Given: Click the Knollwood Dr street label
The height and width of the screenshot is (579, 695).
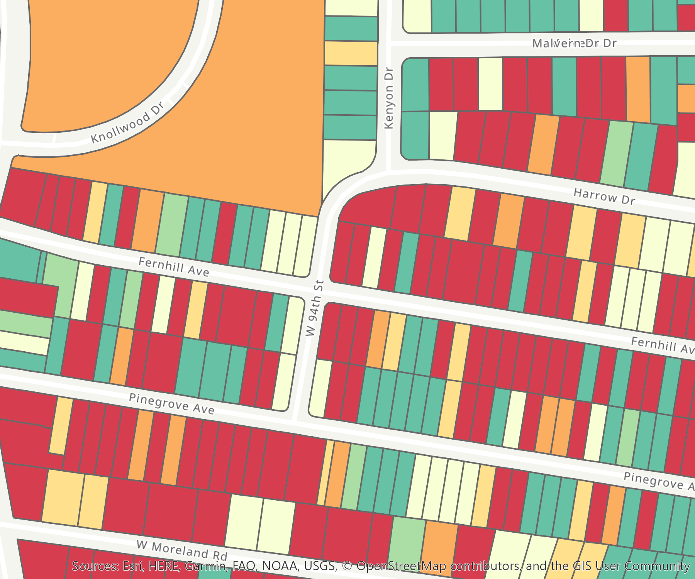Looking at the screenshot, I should click(x=128, y=122).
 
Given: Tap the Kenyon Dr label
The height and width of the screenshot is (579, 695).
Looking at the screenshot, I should click(x=389, y=98).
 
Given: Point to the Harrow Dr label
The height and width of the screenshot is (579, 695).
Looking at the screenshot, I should click(x=604, y=196).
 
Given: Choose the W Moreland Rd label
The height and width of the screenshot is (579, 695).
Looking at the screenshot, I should click(x=182, y=550).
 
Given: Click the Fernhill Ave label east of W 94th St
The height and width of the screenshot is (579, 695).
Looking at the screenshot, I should click(x=662, y=345).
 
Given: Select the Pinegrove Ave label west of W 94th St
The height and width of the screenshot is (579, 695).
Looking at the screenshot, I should click(x=171, y=404).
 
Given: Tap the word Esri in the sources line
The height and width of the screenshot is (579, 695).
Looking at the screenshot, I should click(x=133, y=566).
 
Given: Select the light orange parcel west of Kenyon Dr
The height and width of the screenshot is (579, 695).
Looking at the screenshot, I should click(x=351, y=53).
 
